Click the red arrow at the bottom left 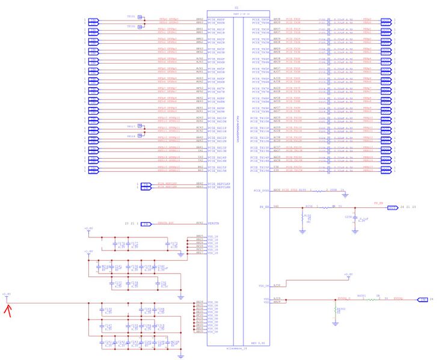point(8,310)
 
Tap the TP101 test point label point(132,17)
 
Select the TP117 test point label point(132,126)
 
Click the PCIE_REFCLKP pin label point(218,183)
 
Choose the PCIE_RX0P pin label point(216,20)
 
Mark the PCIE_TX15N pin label point(260,171)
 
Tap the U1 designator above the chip point(236,7)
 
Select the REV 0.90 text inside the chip point(258,343)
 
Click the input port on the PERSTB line point(145,224)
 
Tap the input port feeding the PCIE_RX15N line point(93,171)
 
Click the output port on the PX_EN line point(392,207)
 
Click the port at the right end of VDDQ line point(423,299)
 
